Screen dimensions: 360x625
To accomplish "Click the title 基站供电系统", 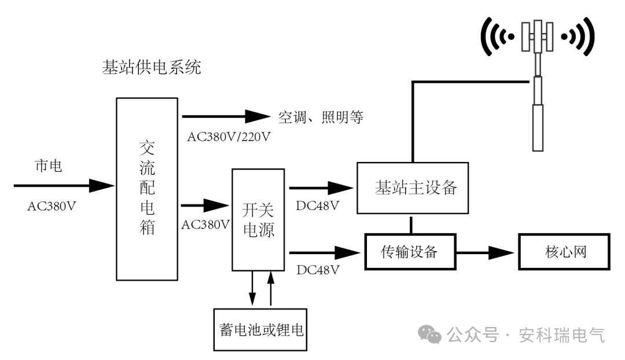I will [x=151, y=68].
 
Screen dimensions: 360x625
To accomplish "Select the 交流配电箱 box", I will [x=147, y=189].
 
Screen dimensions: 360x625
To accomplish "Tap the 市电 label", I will [x=49, y=166].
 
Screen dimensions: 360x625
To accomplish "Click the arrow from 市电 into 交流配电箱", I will [x=64, y=186].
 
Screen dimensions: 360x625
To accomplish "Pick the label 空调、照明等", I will [x=321, y=117].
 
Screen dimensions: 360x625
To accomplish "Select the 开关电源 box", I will [x=258, y=220].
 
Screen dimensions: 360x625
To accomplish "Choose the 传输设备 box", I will [x=410, y=252].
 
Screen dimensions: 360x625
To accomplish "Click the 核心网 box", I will [x=564, y=252].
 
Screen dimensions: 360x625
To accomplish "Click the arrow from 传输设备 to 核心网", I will [x=485, y=252].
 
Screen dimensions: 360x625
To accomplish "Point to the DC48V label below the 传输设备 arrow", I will [x=317, y=269].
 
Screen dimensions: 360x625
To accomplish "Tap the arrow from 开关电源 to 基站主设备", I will [x=321, y=188].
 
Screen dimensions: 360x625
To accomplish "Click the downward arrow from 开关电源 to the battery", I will [x=252, y=288].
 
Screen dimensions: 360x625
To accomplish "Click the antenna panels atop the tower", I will [x=538, y=36].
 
